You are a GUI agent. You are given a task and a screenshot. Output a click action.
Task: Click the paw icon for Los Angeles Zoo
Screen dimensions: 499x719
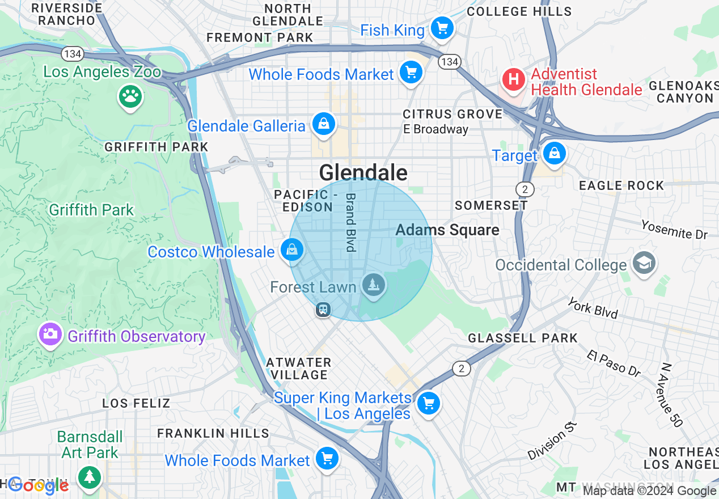pyautogui.click(x=130, y=96)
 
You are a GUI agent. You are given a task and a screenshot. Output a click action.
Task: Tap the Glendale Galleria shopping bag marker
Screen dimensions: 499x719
pyautogui.click(x=324, y=124)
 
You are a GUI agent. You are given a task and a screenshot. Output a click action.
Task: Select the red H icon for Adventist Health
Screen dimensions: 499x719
pyautogui.click(x=514, y=79)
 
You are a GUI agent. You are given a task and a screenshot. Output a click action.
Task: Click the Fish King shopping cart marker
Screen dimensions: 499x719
pyautogui.click(x=442, y=28)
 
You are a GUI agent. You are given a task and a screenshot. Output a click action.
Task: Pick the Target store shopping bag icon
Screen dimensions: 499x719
pyautogui.click(x=554, y=154)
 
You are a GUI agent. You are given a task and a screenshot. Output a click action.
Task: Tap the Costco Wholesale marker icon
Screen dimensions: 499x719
pyautogui.click(x=292, y=250)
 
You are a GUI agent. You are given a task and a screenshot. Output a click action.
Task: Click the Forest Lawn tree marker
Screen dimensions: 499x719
pyautogui.click(x=373, y=285)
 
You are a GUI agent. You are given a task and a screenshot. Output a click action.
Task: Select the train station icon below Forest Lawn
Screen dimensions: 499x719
pyautogui.click(x=323, y=310)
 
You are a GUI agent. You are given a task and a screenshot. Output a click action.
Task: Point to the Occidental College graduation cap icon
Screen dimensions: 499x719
pyautogui.click(x=644, y=263)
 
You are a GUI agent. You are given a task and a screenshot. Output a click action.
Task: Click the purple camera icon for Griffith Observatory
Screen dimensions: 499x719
pyautogui.click(x=50, y=335)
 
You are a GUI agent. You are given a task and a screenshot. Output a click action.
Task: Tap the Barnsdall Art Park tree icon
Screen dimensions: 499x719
pyautogui.click(x=89, y=476)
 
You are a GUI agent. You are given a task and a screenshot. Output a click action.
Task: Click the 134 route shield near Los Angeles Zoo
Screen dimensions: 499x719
pyautogui.click(x=73, y=54)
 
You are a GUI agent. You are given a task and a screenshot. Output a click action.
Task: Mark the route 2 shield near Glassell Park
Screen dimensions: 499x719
pyautogui.click(x=462, y=369)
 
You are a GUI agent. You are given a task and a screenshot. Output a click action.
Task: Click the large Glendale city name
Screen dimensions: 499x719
pyautogui.click(x=363, y=172)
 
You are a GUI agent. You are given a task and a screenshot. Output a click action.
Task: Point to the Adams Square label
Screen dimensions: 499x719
pyautogui.click(x=447, y=230)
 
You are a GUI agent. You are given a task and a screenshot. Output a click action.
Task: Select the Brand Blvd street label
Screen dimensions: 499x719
pyautogui.click(x=350, y=222)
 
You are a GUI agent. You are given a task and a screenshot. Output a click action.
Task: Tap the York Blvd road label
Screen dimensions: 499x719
pyautogui.click(x=593, y=307)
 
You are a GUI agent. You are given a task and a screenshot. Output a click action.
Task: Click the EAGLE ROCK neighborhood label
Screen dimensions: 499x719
pyautogui.click(x=621, y=185)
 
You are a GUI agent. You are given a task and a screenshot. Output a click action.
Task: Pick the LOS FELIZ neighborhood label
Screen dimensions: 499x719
pyautogui.click(x=136, y=403)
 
